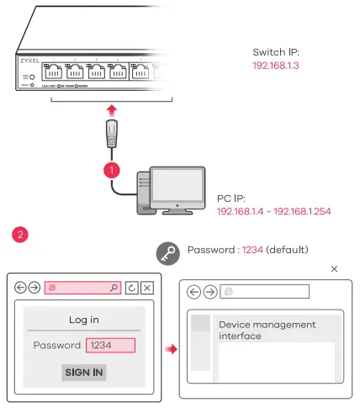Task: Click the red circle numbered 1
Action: (109, 170)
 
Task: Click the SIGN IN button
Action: (84, 372)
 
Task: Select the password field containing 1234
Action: (109, 345)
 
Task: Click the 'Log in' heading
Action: (82, 320)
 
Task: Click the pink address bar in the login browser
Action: (82, 288)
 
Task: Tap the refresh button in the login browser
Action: (131, 288)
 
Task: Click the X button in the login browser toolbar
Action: (147, 288)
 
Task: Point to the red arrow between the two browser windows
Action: (171, 347)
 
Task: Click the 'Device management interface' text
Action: (267, 330)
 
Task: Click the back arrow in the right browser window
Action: (194, 292)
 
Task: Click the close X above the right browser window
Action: (334, 269)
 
